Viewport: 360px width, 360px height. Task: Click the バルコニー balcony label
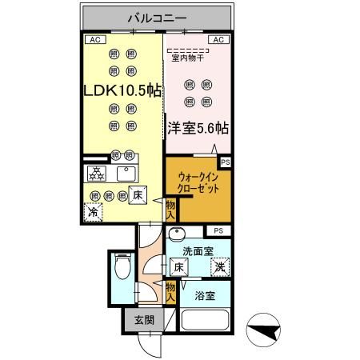click(157, 17)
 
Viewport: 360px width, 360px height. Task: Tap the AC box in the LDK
click(94, 38)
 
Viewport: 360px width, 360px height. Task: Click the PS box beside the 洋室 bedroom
click(225, 162)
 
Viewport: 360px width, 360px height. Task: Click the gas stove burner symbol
click(97, 174)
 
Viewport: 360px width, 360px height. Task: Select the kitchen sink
click(126, 173)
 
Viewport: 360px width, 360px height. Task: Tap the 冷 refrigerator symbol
click(94, 213)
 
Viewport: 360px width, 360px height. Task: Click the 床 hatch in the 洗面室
click(180, 267)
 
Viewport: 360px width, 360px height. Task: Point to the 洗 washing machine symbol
click(218, 267)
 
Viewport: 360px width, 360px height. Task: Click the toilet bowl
click(122, 268)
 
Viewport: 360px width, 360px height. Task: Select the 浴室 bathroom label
click(206, 295)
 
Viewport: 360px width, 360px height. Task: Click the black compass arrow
click(265, 330)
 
